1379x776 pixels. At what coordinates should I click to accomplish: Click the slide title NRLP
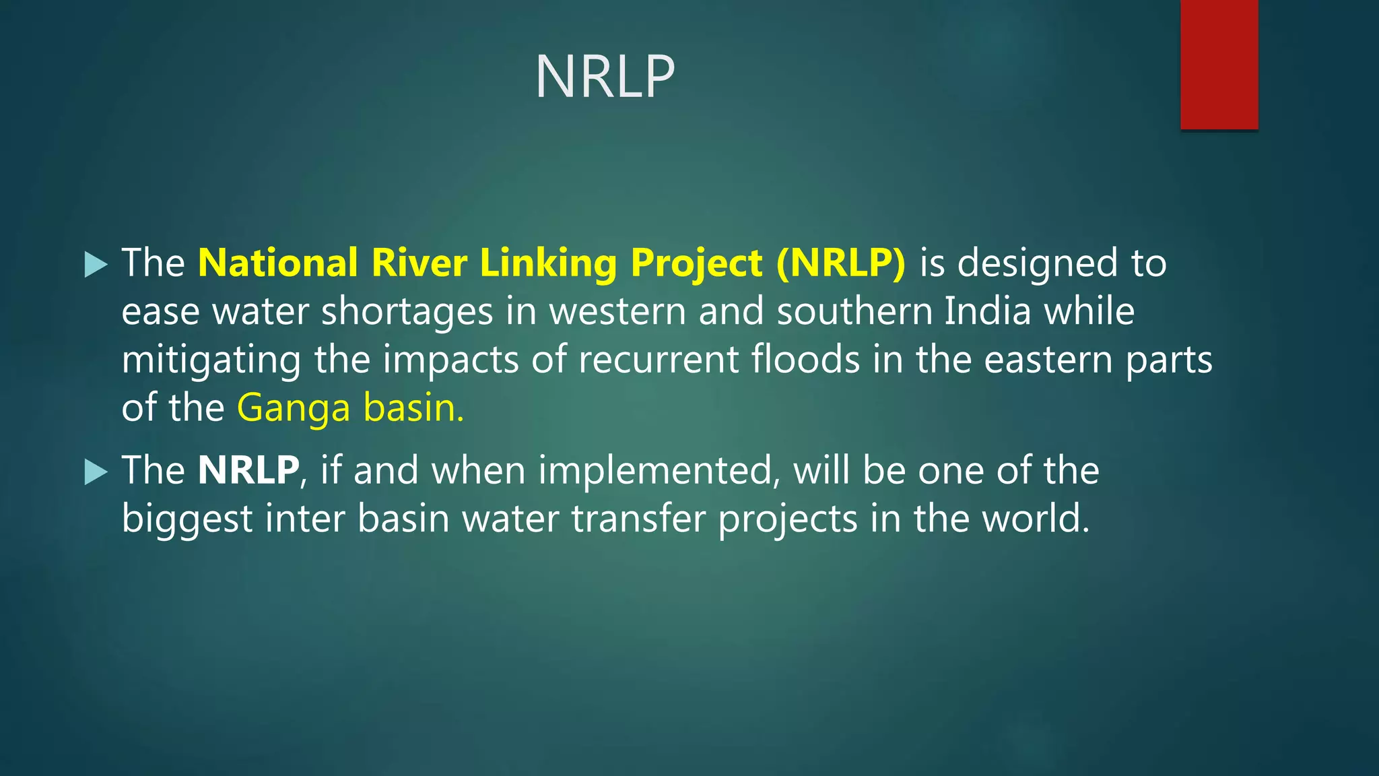pos(605,76)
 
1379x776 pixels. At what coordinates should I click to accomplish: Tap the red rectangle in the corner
pos(1219,64)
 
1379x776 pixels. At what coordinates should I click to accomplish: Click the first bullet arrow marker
pos(96,264)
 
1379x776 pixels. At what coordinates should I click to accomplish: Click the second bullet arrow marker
pos(96,472)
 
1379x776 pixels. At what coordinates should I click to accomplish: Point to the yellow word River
pos(419,262)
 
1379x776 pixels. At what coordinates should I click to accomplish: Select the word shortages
pos(407,312)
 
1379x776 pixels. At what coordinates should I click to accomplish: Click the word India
pos(987,311)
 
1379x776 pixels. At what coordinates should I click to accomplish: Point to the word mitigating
pos(211,360)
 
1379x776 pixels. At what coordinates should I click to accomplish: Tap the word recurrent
pos(658,359)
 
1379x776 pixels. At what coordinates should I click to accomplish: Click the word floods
pos(805,359)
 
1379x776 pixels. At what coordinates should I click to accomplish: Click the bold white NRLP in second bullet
pos(248,470)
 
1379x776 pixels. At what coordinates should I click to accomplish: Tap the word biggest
pos(187,519)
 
